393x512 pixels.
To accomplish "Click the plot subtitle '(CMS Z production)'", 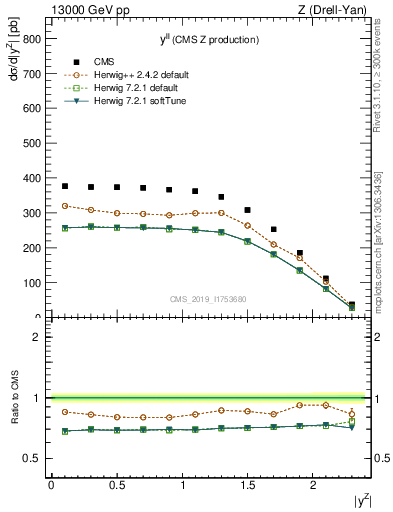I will [x=221, y=40].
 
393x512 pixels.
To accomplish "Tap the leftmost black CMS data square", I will [x=65, y=186].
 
